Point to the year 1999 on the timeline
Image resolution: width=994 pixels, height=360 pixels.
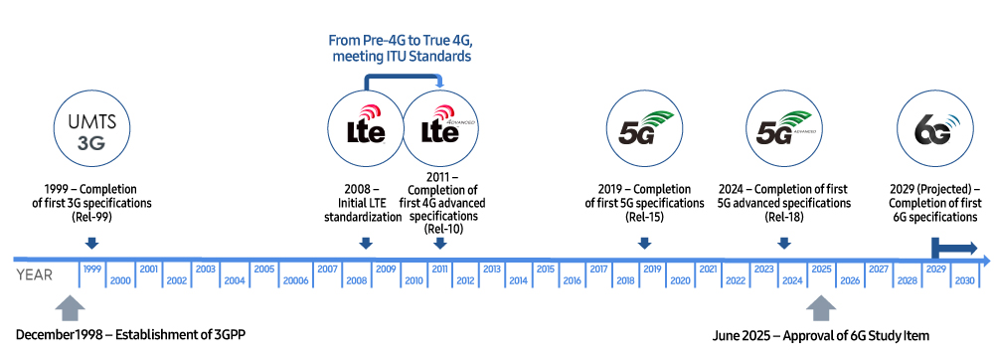pos(92,269)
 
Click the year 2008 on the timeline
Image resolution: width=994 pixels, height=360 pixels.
pos(357,281)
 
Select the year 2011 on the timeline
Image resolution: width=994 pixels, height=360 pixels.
pos(438,269)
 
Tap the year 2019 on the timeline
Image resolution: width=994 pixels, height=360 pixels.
pos(652,269)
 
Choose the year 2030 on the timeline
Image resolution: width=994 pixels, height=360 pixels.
pos(964,281)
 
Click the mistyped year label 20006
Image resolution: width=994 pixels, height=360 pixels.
pos(295,281)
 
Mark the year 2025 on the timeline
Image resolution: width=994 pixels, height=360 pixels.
pos(821,269)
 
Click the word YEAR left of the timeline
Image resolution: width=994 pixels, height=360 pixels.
pos(35,275)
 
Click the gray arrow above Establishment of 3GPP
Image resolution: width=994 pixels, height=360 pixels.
pos(69,306)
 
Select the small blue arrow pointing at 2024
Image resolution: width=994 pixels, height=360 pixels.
pos(784,243)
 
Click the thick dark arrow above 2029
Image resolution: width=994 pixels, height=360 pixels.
pos(953,249)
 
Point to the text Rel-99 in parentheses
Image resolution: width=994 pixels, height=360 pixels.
pos(90,217)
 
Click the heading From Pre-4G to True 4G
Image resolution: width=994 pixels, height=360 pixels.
pos(400,41)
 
